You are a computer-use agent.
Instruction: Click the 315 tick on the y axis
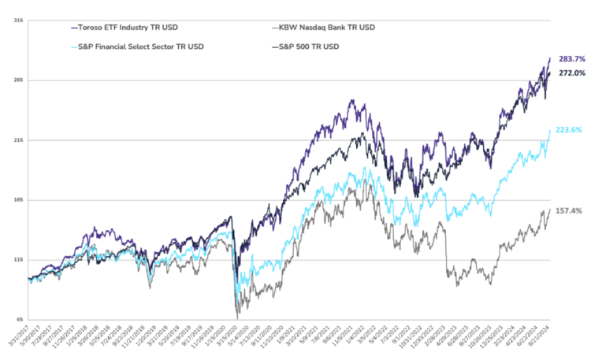click(x=16, y=21)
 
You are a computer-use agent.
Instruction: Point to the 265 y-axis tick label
click(x=16, y=80)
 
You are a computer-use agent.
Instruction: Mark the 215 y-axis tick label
click(x=16, y=140)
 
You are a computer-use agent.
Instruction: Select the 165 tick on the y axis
click(x=16, y=200)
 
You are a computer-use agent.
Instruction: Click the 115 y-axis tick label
click(x=16, y=260)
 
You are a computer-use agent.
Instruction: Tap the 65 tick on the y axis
click(x=16, y=319)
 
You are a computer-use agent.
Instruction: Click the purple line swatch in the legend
click(x=73, y=28)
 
